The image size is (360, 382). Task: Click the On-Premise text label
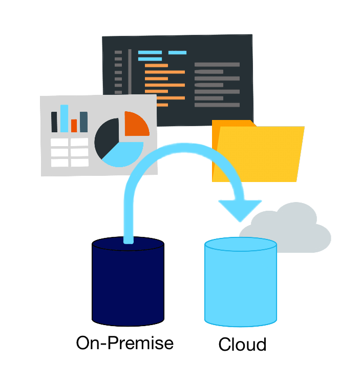coord(124,343)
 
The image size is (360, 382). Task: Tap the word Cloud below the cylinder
coord(242,344)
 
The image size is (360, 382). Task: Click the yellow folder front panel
coord(261,154)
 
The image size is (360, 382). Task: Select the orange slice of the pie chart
coord(136,124)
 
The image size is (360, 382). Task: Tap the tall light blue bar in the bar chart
coord(64,118)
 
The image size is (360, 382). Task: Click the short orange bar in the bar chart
coord(74,126)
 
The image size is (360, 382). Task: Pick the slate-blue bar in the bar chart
coord(83,122)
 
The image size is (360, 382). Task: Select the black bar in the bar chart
coord(54,122)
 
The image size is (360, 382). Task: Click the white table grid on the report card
coord(70,152)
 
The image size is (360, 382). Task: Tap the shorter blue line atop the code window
coord(177,52)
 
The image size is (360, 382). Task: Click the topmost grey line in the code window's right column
coord(217,65)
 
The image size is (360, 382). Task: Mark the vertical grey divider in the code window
coord(130,72)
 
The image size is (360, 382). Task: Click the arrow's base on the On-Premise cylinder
coord(129,238)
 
